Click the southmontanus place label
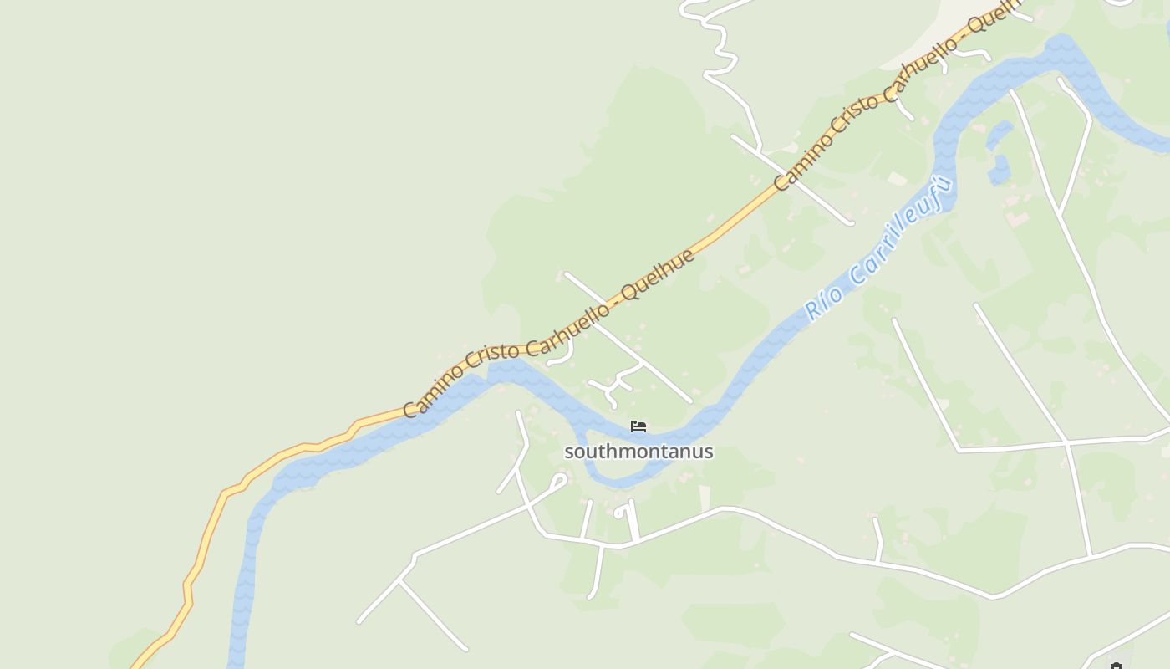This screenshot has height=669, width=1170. tap(638, 452)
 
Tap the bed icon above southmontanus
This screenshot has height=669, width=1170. tap(638, 426)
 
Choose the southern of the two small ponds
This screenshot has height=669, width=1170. tap(998, 170)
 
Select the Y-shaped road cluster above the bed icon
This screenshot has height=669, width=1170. tap(617, 383)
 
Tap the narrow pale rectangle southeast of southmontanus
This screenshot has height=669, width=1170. tap(705, 497)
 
